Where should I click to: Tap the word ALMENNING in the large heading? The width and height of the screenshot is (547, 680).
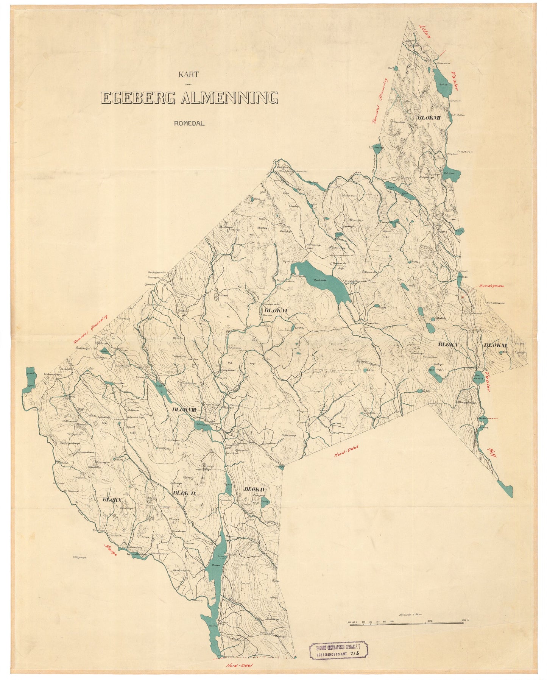point(229,98)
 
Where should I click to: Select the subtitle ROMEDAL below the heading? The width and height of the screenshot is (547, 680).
point(189,123)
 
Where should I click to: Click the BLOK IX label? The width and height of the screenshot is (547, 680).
point(184,493)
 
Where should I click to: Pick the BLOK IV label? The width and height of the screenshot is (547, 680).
point(255,490)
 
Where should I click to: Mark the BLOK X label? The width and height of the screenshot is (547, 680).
point(111,500)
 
